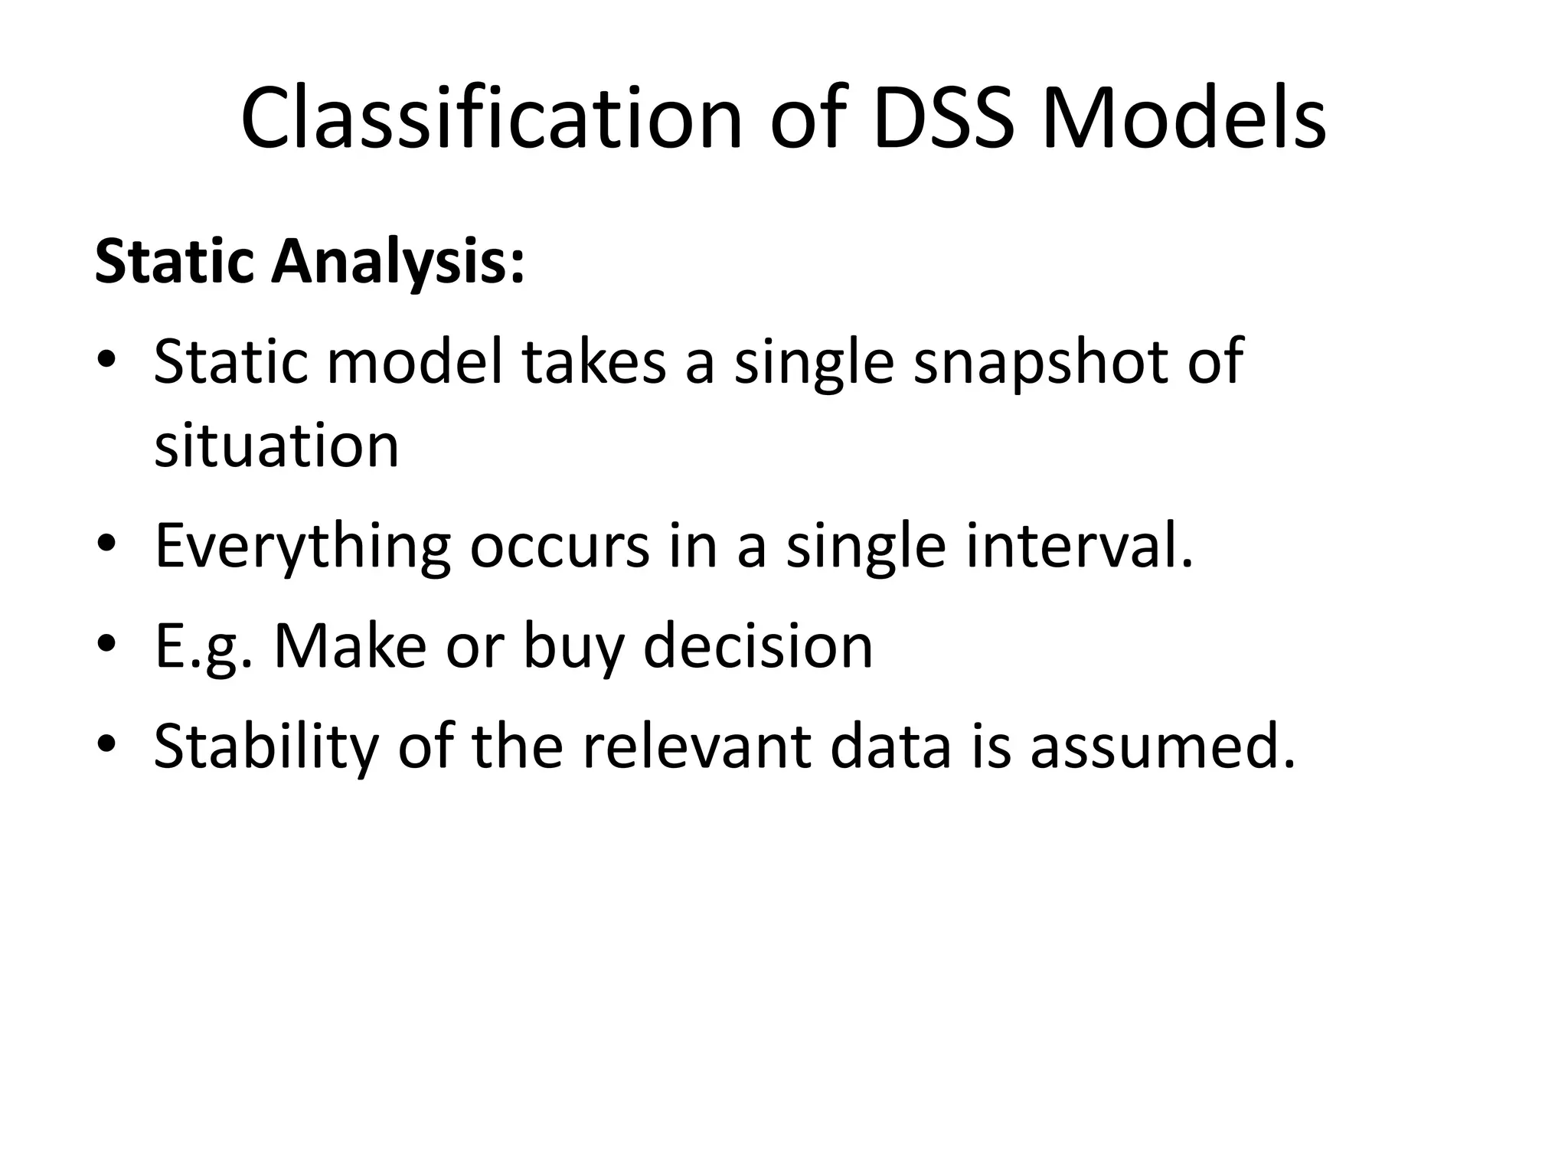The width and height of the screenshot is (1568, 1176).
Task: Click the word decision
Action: [x=758, y=646]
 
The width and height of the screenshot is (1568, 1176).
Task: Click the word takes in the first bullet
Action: [x=594, y=361]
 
